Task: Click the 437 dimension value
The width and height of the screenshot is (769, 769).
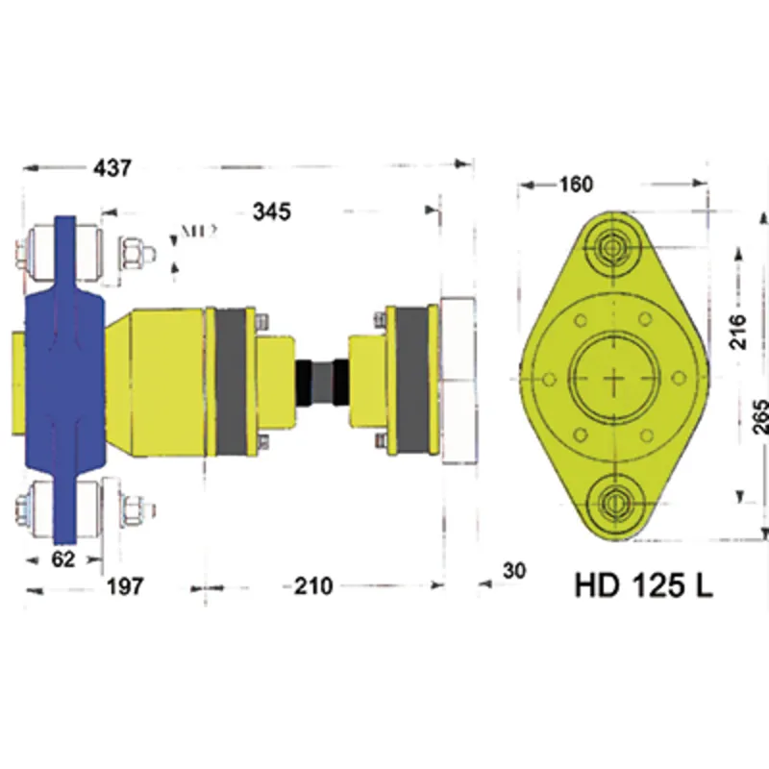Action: (x=111, y=167)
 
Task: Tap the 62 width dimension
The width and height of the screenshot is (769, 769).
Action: (x=62, y=559)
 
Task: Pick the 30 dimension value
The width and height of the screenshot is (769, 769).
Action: (x=514, y=571)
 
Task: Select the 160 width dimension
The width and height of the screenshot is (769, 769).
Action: (x=574, y=184)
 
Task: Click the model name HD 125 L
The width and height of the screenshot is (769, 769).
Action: (x=643, y=585)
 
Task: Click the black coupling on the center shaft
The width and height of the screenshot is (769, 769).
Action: (x=323, y=383)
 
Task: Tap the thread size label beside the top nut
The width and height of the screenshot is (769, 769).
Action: (x=196, y=231)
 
